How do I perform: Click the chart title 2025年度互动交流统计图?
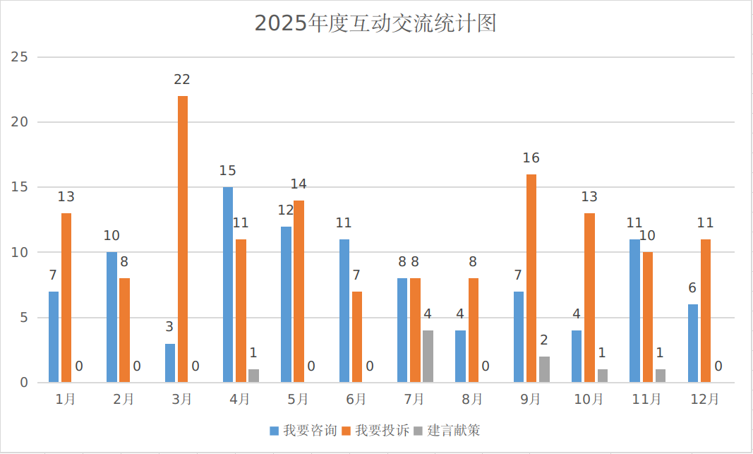[375, 23]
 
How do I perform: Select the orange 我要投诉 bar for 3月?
[183, 239]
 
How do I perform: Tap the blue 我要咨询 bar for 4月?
[228, 285]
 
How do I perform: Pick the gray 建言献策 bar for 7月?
[428, 357]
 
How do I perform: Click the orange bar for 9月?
[531, 278]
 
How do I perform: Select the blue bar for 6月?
[344, 311]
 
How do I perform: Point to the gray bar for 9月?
[544, 369]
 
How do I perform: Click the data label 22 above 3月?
[183, 80]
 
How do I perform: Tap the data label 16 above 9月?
[531, 158]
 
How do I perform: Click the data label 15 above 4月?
[228, 171]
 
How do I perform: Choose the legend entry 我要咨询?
[303, 431]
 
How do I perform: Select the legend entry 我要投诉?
[375, 431]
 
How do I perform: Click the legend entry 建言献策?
[447, 431]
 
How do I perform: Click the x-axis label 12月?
[705, 400]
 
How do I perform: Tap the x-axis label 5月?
[298, 400]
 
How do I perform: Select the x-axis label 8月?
[472, 400]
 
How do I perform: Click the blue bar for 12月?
[693, 344]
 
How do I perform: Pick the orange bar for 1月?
[66, 298]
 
